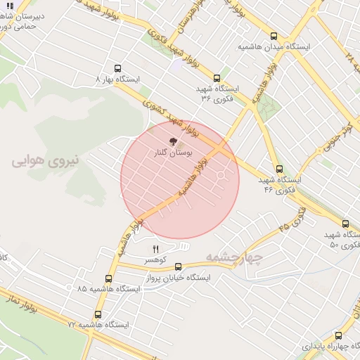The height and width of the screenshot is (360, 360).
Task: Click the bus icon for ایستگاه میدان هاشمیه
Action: [x=274, y=37]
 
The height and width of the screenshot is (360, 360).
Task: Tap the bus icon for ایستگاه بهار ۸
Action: [x=117, y=69]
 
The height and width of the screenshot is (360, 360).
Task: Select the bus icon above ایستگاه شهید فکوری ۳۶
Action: [x=217, y=79]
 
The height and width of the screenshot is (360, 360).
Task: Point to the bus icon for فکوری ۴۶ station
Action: [x=280, y=169]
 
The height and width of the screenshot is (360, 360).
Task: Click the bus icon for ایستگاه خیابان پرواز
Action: [x=178, y=266]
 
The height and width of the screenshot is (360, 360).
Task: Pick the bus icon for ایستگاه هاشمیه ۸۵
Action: [x=108, y=278]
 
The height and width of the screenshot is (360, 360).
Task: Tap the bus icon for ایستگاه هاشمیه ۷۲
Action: [x=98, y=314]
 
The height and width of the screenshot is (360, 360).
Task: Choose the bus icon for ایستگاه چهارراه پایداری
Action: [x=338, y=335]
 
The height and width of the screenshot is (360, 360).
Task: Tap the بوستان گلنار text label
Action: [x=175, y=152]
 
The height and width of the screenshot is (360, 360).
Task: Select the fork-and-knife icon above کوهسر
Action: [x=156, y=249]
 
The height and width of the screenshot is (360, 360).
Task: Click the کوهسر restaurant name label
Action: [x=155, y=260]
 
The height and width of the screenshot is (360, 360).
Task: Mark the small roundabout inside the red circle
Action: [x=221, y=174]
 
